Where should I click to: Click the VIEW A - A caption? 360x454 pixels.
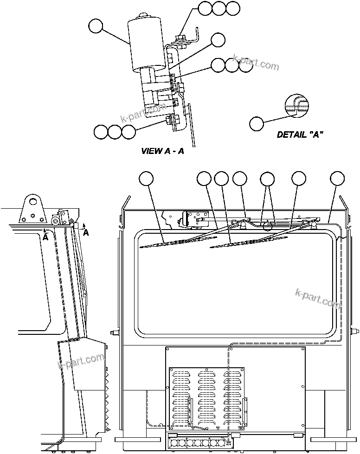tap(162, 151)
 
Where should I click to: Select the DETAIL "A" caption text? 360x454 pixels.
tap(300, 134)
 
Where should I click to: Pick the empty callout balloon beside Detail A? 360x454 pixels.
tap(256, 123)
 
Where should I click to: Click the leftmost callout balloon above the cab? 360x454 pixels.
tap(147, 179)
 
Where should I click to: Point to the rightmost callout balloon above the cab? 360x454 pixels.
tap(337, 179)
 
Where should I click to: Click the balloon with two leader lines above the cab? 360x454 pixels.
tap(267, 179)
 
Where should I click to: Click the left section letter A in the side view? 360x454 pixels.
tap(45, 236)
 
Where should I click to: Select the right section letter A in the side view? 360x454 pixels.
tap(86, 233)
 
